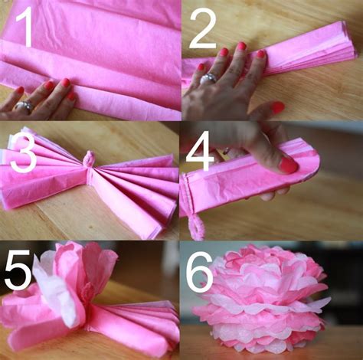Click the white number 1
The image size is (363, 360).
point(26,27)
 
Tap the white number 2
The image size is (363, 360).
point(203,28)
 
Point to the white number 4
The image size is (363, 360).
point(200,151)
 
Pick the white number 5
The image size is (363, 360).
point(18,269)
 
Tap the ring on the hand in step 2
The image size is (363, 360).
point(208,78)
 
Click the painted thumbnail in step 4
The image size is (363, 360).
point(288,165)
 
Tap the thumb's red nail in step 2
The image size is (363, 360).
point(278,107)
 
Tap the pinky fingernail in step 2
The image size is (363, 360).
point(201,67)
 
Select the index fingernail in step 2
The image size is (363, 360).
point(261,54)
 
